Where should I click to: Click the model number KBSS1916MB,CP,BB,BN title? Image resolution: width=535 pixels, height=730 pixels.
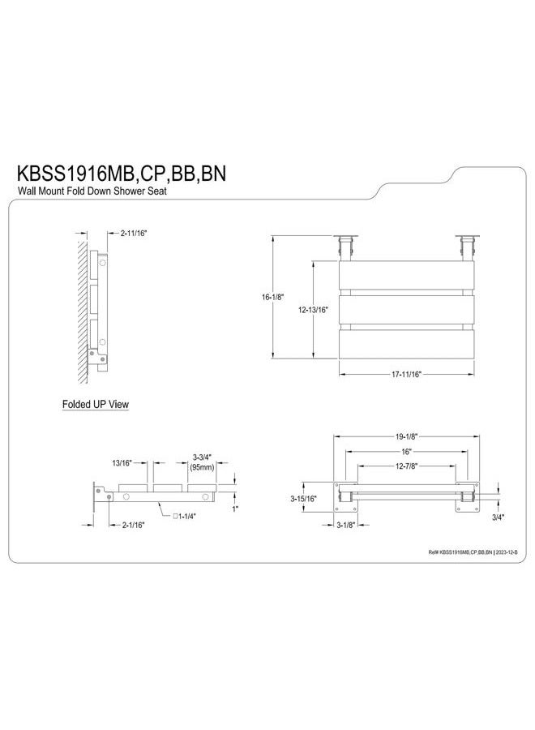pyautogui.click(x=122, y=174)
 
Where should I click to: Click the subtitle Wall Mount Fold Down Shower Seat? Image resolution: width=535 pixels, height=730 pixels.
pyautogui.click(x=92, y=191)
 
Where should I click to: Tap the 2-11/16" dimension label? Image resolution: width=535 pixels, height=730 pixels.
pyautogui.click(x=134, y=234)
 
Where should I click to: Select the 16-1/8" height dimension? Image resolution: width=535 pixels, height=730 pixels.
pyautogui.click(x=272, y=297)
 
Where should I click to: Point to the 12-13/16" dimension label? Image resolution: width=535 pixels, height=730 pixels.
pyautogui.click(x=313, y=310)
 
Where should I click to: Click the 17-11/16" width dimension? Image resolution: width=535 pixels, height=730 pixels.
pyautogui.click(x=406, y=374)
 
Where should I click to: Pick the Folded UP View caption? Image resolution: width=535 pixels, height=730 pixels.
pyautogui.click(x=96, y=404)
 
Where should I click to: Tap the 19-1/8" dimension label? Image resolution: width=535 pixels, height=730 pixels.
pyautogui.click(x=406, y=436)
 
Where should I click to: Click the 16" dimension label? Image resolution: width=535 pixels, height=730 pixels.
pyautogui.click(x=407, y=452)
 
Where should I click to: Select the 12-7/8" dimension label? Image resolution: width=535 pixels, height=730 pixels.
pyautogui.click(x=406, y=466)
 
